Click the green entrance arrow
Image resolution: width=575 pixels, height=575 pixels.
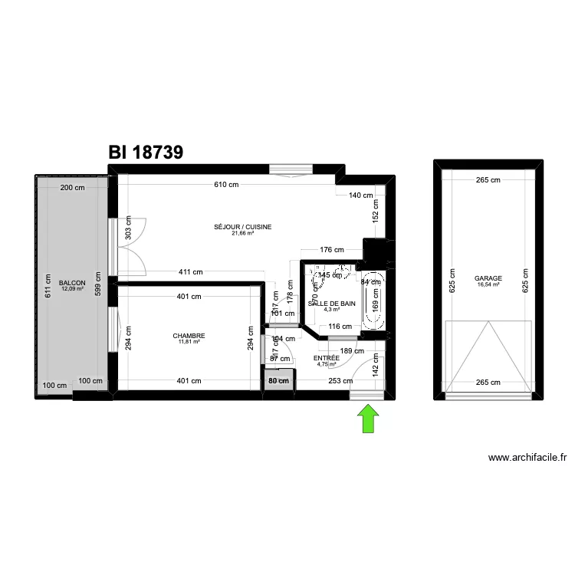tap(369, 419)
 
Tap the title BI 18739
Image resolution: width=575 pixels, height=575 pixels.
tap(146, 152)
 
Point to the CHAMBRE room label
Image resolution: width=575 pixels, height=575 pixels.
tap(189, 335)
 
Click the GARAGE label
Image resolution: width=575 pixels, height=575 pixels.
tap(488, 278)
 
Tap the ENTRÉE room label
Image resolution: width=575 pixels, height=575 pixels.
tap(327, 358)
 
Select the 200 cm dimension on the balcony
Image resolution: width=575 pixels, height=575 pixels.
tap(73, 188)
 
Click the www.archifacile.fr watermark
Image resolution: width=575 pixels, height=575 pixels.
tap(527, 458)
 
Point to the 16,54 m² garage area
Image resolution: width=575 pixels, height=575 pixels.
tap(488, 284)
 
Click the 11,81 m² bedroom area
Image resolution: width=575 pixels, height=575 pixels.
tap(189, 342)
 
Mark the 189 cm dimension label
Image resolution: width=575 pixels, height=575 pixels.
tap(351, 351)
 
